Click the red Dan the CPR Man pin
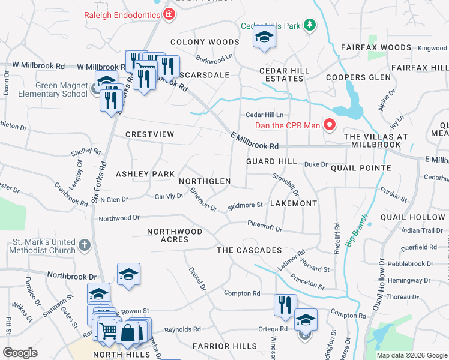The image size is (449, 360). coord(329,125)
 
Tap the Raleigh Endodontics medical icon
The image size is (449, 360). coord(169,14)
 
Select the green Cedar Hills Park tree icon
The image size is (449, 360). coord(309,25)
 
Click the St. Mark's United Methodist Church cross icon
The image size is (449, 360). coord(85,245)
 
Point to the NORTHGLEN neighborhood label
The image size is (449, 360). coord(205,181)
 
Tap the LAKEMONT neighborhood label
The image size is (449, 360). coord(293,203)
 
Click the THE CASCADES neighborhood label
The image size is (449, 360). coord(249,250)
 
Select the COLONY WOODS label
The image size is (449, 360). coord(205,42)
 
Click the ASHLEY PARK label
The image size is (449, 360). coord(145,173)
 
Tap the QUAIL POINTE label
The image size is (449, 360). coord(361,168)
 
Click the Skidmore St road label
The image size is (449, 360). coord(245,206)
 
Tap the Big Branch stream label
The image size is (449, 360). coord(357,235)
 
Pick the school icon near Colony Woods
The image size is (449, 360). coord(264,37)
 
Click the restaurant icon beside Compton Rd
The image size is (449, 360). coord(285,304)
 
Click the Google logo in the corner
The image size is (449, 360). coord(20,353)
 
